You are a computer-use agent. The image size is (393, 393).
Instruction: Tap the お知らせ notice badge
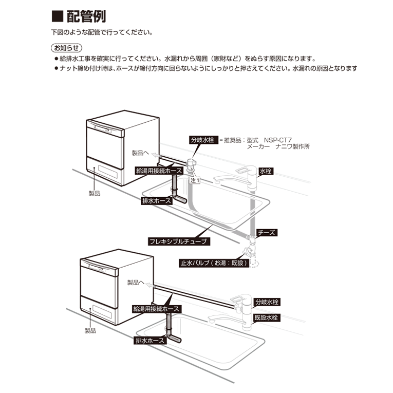(63, 49)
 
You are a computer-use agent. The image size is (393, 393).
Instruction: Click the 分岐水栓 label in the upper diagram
(202, 139)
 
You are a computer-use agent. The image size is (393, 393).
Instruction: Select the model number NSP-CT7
(277, 139)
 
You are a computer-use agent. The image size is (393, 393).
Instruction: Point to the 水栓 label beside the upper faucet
(266, 171)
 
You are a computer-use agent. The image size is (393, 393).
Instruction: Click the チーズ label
(267, 233)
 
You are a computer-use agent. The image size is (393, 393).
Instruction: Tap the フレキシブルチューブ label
(178, 240)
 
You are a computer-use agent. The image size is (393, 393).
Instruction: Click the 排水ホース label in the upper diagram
(157, 201)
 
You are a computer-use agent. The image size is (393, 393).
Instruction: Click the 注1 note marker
(195, 181)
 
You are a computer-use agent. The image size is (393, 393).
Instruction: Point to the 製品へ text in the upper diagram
(140, 153)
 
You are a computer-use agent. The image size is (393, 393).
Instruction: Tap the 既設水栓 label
(267, 318)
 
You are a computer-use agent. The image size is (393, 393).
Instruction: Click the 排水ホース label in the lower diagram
(149, 341)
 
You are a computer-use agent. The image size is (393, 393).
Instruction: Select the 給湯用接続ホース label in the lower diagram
(156, 309)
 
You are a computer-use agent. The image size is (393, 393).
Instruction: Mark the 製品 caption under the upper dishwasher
(94, 194)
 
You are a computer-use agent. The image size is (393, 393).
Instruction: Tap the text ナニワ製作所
(293, 146)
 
